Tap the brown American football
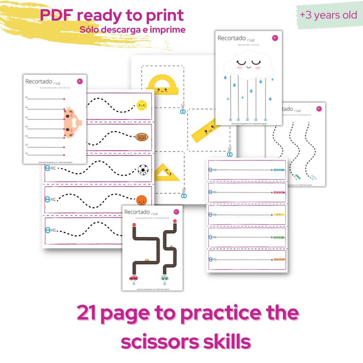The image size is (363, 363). tap(142, 137)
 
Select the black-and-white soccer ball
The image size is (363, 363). tap(143, 169)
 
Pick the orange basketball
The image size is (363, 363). tap(141, 200)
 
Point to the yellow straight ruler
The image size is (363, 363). tap(206, 130)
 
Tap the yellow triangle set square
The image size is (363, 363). tap(166, 173)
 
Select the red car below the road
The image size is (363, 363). tap(134, 278)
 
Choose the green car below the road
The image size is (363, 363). tap(164, 278)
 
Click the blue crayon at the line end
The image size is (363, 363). tap(279, 170)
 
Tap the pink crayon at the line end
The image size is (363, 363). tap(279, 192)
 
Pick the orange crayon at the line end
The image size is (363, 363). tap(279, 260)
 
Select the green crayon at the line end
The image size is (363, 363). tap(279, 237)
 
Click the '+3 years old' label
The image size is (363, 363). tap(329, 16)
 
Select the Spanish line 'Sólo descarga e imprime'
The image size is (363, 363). tap(132, 29)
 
